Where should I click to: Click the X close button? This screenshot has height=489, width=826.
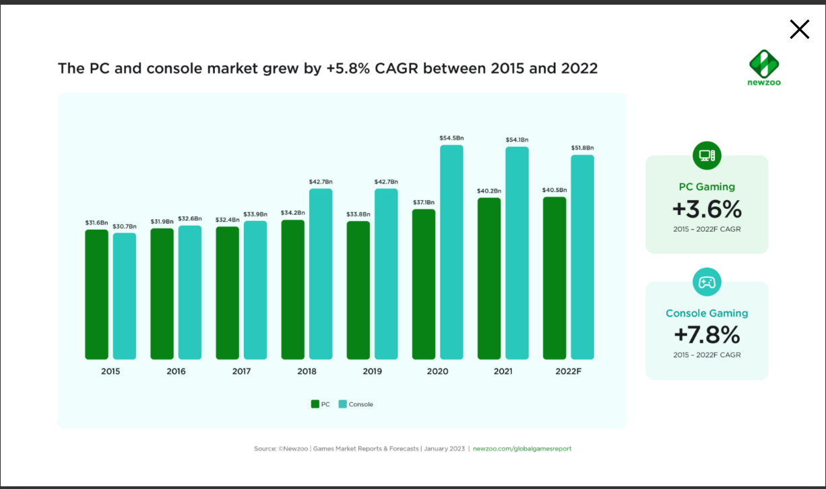coord(799,29)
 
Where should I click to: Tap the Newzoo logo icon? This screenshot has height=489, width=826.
coord(764,63)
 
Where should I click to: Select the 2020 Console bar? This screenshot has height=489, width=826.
coord(451,252)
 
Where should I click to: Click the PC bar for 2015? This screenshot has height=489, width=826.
coord(96,294)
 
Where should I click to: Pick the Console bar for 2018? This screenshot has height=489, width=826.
coord(321,273)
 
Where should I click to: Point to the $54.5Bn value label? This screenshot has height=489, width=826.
coord(451,138)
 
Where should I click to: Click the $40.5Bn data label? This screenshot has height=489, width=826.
coord(554,190)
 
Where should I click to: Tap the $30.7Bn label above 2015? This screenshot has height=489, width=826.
coord(125,226)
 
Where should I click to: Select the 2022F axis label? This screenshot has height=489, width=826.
coord(568,371)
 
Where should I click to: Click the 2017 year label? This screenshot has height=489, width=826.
coord(241,371)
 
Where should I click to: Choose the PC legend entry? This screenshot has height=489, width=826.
coord(320,404)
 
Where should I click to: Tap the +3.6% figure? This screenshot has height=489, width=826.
coord(707,209)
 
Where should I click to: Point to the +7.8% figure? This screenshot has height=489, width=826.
coord(707,335)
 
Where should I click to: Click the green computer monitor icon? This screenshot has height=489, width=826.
coord(707,156)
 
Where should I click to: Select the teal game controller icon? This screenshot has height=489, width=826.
coord(707,282)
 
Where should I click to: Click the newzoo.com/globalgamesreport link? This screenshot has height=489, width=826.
coord(522,449)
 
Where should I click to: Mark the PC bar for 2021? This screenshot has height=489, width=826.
coord(489,278)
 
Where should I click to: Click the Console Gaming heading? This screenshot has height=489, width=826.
coord(707,313)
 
